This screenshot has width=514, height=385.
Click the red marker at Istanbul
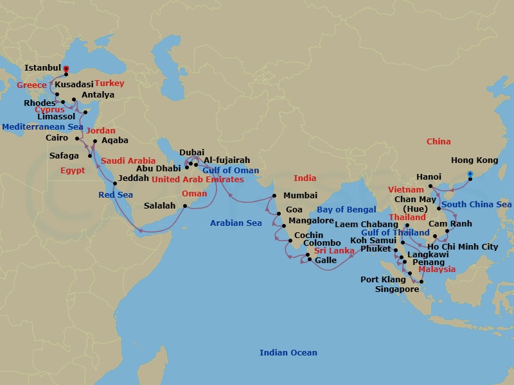point(66,68)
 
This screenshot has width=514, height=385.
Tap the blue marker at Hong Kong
point(470,174)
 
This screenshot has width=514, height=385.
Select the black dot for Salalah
point(184,206)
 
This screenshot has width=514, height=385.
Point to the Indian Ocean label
point(288,352)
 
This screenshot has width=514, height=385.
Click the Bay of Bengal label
point(347,210)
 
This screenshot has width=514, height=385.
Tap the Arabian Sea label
point(236,223)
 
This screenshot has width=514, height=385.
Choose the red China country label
point(438,141)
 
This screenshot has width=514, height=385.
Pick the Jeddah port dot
point(115,184)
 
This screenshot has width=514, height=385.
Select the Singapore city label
point(396,289)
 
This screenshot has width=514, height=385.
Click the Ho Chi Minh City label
point(463,246)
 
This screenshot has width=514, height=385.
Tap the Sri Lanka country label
point(334,251)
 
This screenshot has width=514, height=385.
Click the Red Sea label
point(116,194)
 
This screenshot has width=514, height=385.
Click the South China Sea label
point(476,205)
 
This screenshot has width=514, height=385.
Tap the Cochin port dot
point(291,243)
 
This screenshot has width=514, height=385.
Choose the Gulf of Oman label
point(231,170)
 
